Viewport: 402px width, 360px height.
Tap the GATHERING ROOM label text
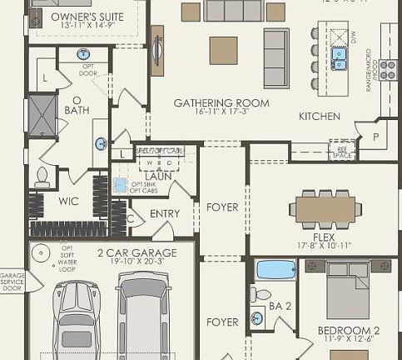(x=221, y=103)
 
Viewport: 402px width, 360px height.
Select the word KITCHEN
(x=320, y=116)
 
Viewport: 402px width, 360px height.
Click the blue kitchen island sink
(x=340, y=57)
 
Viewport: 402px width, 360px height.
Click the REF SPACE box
(x=341, y=149)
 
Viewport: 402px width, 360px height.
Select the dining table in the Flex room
(x=325, y=207)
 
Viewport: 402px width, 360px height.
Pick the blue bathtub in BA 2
(x=275, y=270)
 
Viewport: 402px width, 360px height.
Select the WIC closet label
(x=69, y=200)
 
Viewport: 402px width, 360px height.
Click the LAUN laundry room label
(x=158, y=176)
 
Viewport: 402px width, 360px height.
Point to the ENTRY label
(x=165, y=214)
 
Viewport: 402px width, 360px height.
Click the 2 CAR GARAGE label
(x=136, y=253)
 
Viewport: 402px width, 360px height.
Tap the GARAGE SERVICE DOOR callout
(x=12, y=281)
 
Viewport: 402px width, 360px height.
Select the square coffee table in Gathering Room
(x=223, y=50)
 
